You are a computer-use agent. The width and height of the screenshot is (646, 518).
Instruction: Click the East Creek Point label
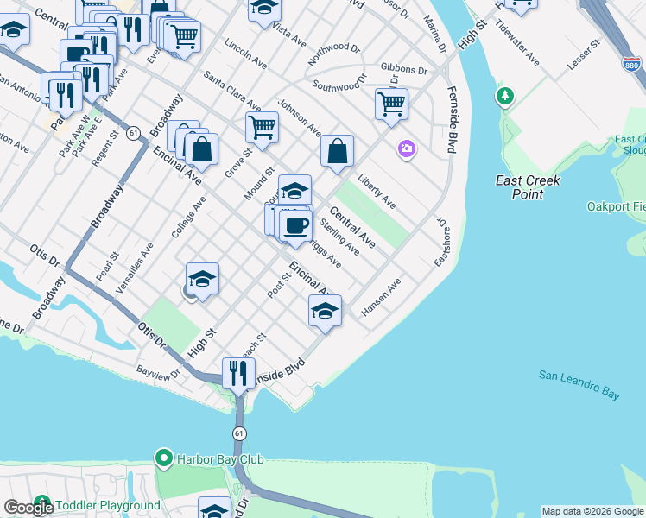point(528,187)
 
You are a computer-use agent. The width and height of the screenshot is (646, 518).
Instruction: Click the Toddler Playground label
point(108,505)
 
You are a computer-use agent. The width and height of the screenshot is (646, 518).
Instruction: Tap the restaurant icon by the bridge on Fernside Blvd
point(235,372)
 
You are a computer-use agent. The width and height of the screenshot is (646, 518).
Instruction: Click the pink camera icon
point(407,149)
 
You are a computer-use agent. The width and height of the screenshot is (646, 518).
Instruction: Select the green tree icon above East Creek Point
point(504,96)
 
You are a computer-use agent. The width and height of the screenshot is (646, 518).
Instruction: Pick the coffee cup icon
point(296,226)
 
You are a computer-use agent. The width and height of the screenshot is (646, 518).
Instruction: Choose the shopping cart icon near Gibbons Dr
point(391,104)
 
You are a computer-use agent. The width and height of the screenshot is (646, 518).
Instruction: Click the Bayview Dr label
point(157,372)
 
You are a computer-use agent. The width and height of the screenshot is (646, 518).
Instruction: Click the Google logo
point(28,507)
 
